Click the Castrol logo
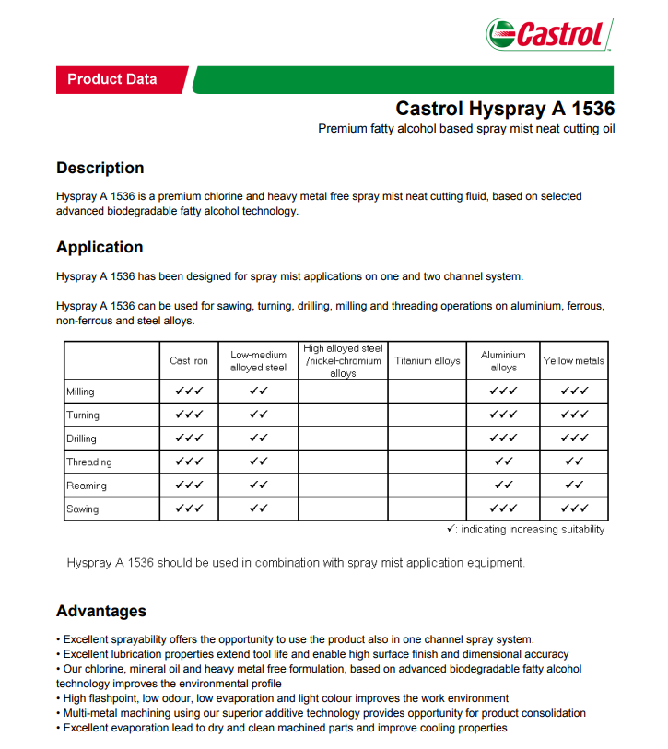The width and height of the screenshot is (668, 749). click(549, 34)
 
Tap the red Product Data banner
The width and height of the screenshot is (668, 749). click(112, 79)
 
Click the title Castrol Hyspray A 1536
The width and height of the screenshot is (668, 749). click(505, 109)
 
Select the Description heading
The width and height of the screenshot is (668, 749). click(100, 168)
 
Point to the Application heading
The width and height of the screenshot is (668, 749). click(100, 247)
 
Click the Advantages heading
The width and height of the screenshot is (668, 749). click(101, 611)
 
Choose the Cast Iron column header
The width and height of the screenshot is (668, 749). click(189, 361)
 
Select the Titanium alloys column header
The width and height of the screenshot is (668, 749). click(428, 361)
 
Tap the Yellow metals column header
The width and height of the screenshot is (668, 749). click(574, 361)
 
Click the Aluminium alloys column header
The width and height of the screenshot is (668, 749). click(503, 361)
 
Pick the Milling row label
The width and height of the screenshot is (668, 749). click(80, 392)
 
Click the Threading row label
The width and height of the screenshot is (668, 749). click(88, 462)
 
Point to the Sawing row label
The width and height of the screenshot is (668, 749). click(82, 509)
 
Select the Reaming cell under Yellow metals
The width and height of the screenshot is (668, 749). click(574, 485)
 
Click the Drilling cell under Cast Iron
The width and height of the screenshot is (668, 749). click(189, 438)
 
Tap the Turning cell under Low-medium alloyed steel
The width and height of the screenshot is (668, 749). click(258, 415)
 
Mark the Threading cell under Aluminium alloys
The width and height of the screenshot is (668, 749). click(503, 462)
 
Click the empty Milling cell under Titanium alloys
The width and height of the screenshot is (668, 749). click(428, 392)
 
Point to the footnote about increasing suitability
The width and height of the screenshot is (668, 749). click(525, 530)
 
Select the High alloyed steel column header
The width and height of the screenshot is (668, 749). click(343, 361)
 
